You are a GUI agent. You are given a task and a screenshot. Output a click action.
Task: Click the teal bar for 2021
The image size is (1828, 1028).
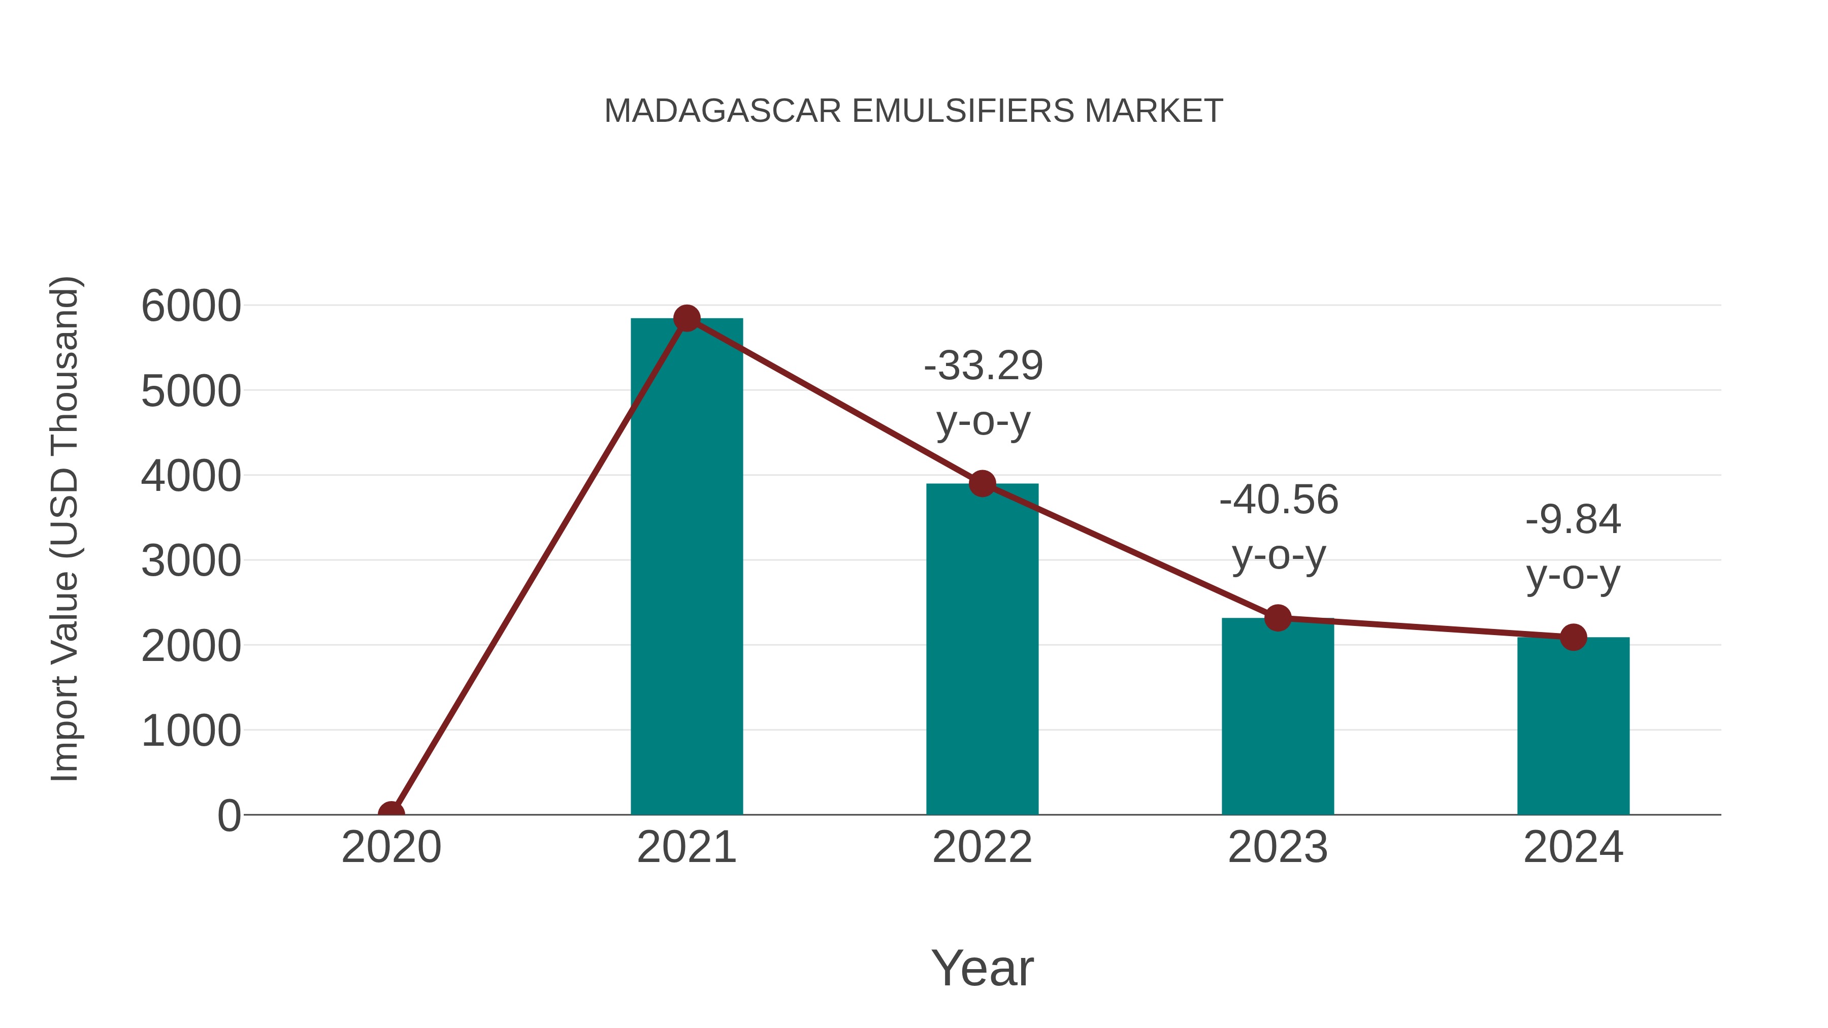point(686,568)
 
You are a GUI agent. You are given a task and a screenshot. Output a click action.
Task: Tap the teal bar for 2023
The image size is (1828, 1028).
point(1278,716)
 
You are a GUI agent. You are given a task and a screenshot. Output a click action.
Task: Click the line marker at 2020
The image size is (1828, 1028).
point(391,813)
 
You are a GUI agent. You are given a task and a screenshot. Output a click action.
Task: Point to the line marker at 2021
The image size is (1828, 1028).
point(686,318)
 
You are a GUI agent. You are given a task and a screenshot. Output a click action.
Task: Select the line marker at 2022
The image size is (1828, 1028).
point(982,484)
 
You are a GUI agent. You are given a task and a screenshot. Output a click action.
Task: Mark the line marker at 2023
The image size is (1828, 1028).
point(1278,618)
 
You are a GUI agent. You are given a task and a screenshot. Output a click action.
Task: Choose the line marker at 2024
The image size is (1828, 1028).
point(1573,637)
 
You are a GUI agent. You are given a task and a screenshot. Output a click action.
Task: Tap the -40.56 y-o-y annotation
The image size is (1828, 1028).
point(1279,527)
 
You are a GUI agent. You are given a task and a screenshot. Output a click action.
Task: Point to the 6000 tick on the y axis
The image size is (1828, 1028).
point(191,307)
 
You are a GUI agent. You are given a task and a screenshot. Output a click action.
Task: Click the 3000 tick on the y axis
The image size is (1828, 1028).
point(191,561)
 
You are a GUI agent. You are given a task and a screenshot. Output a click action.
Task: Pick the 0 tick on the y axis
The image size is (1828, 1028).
point(229,816)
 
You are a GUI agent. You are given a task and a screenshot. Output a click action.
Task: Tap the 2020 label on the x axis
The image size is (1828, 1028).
point(391,847)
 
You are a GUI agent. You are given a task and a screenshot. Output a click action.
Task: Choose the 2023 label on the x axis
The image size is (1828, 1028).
point(1278,847)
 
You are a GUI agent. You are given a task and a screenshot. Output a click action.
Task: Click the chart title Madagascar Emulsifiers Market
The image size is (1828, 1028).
point(913,111)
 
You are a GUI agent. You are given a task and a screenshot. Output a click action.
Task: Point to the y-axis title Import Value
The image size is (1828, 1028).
point(64,528)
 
